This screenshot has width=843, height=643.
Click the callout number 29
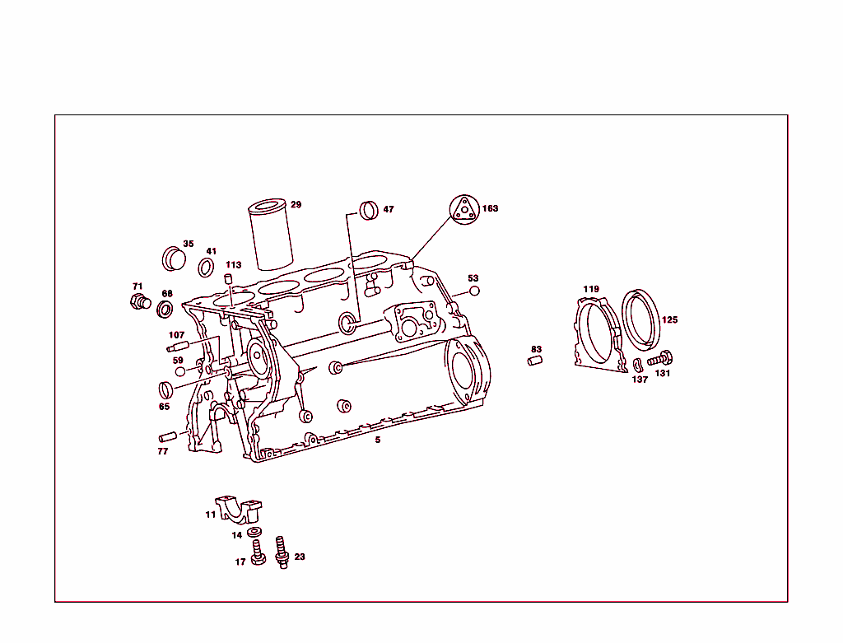(296, 205)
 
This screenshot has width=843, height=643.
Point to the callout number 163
(491, 209)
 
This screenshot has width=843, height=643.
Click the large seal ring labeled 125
(642, 319)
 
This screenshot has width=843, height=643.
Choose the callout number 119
(591, 289)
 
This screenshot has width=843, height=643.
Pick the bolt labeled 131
(660, 359)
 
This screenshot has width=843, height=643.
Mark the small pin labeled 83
(535, 360)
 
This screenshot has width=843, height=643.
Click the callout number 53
(473, 278)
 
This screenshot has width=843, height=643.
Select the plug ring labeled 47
(369, 210)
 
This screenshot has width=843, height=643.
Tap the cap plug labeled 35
(174, 258)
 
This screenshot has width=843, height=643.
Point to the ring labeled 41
(207, 267)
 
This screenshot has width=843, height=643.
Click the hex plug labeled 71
(139, 301)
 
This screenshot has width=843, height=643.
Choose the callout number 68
(167, 294)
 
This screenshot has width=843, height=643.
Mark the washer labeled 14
(254, 533)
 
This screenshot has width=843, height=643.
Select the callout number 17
(240, 562)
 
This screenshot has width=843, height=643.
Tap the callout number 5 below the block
(378, 440)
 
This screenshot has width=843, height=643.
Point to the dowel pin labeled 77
(168, 436)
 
